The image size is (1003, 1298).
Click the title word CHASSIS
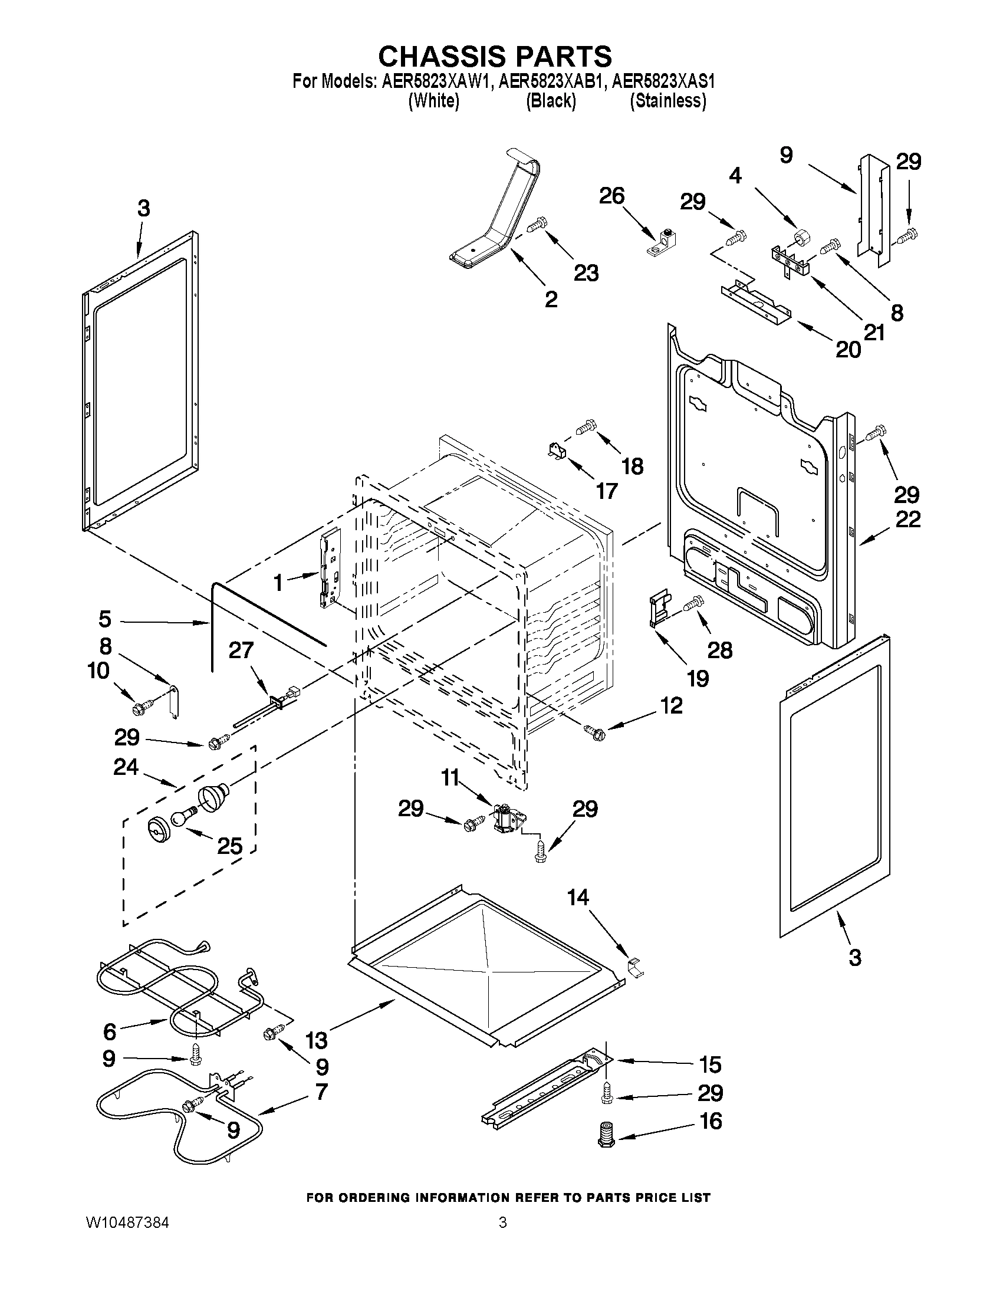click(x=441, y=57)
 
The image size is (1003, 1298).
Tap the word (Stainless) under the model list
click(x=668, y=101)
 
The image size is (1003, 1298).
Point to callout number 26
click(x=611, y=196)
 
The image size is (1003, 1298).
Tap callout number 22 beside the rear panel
click(x=907, y=520)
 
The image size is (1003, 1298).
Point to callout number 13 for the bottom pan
click(x=316, y=1040)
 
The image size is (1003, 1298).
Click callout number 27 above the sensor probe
click(x=241, y=651)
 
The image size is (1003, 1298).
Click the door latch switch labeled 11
click(x=507, y=820)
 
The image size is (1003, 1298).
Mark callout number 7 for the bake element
click(x=321, y=1092)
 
